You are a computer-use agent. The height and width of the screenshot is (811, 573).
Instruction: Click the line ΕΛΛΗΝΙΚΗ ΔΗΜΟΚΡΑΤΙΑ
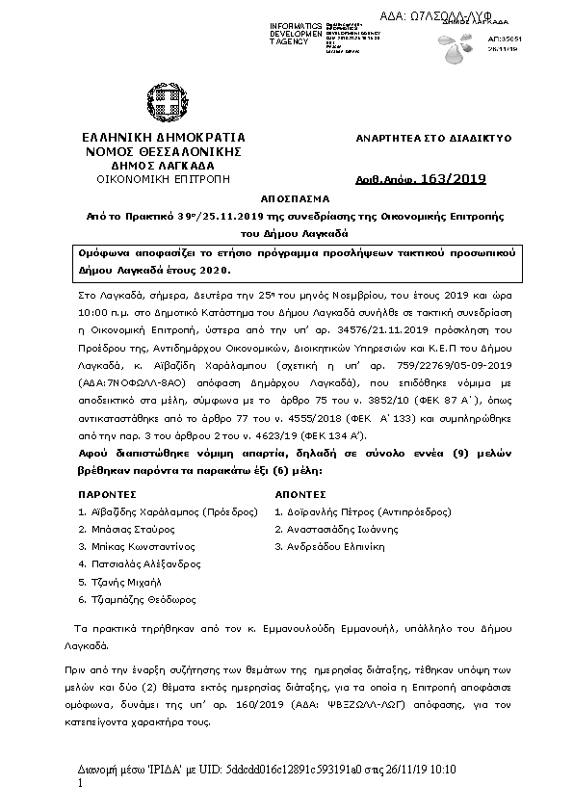163,138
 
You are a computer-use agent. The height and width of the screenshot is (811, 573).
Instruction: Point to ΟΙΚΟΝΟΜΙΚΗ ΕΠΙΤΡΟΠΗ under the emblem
163,179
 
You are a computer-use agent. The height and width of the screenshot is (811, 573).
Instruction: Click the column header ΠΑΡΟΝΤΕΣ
106,493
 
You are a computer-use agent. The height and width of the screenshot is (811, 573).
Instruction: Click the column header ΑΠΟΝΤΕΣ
301,493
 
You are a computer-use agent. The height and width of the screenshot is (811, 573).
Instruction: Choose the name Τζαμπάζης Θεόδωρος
139,599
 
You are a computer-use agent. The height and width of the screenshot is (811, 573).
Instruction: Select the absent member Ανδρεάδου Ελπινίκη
336,547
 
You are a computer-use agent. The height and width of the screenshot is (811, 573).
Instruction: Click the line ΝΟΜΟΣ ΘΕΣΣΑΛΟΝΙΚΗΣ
163,151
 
